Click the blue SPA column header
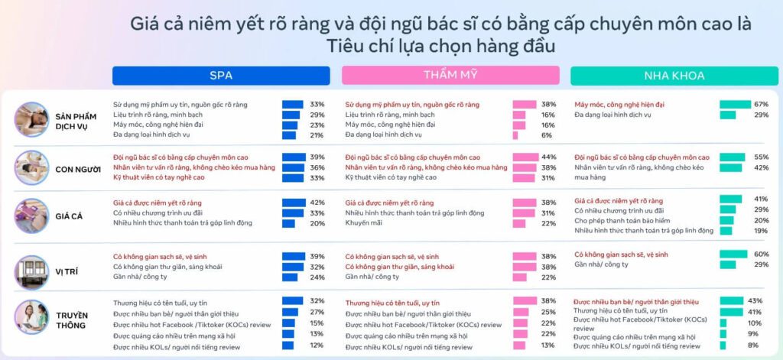click(221, 76)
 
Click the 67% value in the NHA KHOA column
click(761, 104)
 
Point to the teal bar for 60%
click(733, 254)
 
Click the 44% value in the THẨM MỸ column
click(548, 157)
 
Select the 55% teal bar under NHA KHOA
click(732, 157)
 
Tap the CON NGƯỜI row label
click(79, 168)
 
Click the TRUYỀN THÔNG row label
click(72, 320)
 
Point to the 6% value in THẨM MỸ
click(547, 135)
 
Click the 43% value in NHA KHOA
click(755, 301)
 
